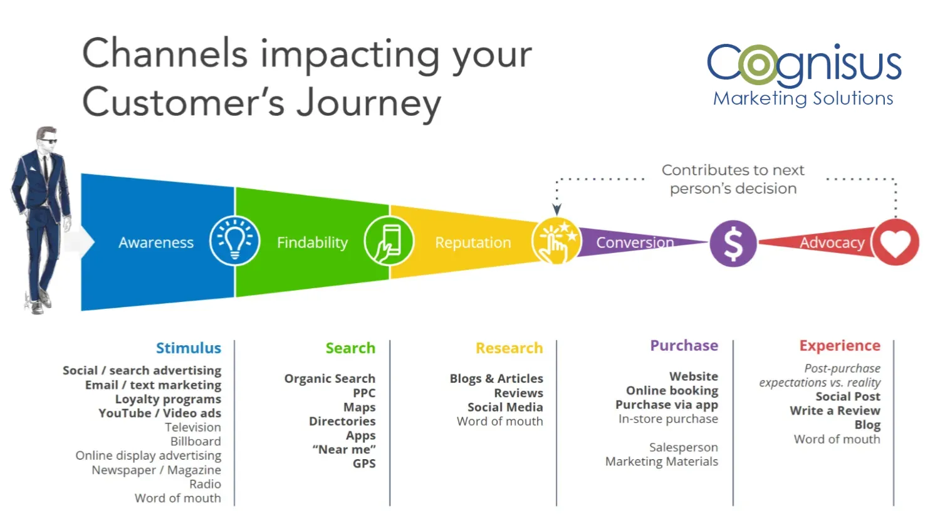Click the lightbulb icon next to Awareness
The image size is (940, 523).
tap(234, 241)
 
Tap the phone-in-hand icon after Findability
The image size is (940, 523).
tap(389, 241)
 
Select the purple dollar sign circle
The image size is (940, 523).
tap(733, 243)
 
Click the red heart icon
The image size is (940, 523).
tap(896, 242)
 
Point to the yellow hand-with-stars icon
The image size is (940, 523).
tap(556, 241)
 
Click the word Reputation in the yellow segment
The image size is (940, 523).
tap(473, 243)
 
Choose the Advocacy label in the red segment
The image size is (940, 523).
tap(832, 243)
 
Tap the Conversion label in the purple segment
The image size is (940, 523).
tap(634, 243)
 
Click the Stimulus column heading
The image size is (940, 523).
tap(188, 348)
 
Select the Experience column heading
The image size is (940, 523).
tap(839, 346)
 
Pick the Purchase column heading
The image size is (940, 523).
tap(684, 346)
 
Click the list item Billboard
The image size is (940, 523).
tap(196, 442)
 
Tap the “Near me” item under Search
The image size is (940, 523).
tap(344, 450)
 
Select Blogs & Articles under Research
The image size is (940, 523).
tap(496, 379)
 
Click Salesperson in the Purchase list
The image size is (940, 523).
tap(683, 447)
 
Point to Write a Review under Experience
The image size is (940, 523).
tap(835, 411)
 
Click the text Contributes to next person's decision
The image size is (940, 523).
tap(733, 179)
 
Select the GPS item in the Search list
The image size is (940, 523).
tap(364, 464)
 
